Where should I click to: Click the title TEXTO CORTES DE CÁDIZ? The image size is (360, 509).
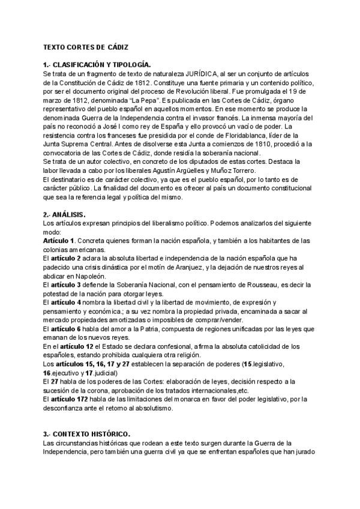point(85,47)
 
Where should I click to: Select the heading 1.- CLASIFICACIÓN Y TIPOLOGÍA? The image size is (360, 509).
point(97,64)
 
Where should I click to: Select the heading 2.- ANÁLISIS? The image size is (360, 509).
point(65,214)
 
